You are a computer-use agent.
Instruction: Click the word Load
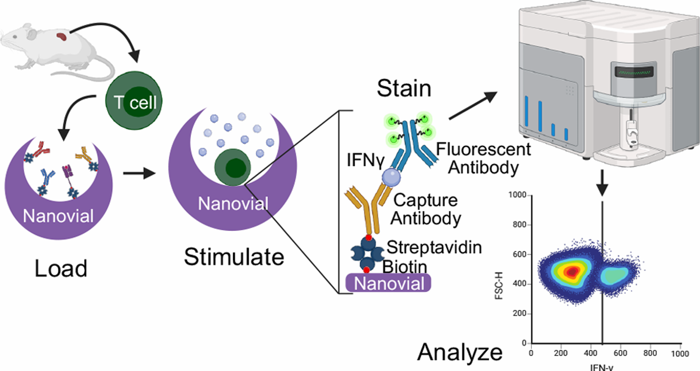click(61, 268)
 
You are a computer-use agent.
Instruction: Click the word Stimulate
click(234, 257)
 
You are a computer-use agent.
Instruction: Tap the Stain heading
click(404, 88)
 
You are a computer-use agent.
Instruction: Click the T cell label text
click(135, 102)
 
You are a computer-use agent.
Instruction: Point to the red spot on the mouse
click(62, 36)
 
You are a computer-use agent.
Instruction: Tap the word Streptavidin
click(434, 247)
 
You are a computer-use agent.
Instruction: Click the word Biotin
click(405, 267)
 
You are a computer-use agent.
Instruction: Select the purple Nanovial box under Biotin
click(388, 283)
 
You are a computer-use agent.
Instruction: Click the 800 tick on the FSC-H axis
click(519, 225)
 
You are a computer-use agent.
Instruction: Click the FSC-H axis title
click(499, 285)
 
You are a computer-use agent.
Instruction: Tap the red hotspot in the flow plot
click(572, 272)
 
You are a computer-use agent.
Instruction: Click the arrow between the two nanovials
click(139, 173)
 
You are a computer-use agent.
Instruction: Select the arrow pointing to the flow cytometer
click(473, 106)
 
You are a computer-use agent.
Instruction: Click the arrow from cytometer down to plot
click(602, 183)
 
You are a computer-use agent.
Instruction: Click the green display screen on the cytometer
click(634, 72)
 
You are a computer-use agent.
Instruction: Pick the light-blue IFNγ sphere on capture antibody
click(391, 177)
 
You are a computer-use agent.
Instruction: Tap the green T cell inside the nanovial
click(233, 167)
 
